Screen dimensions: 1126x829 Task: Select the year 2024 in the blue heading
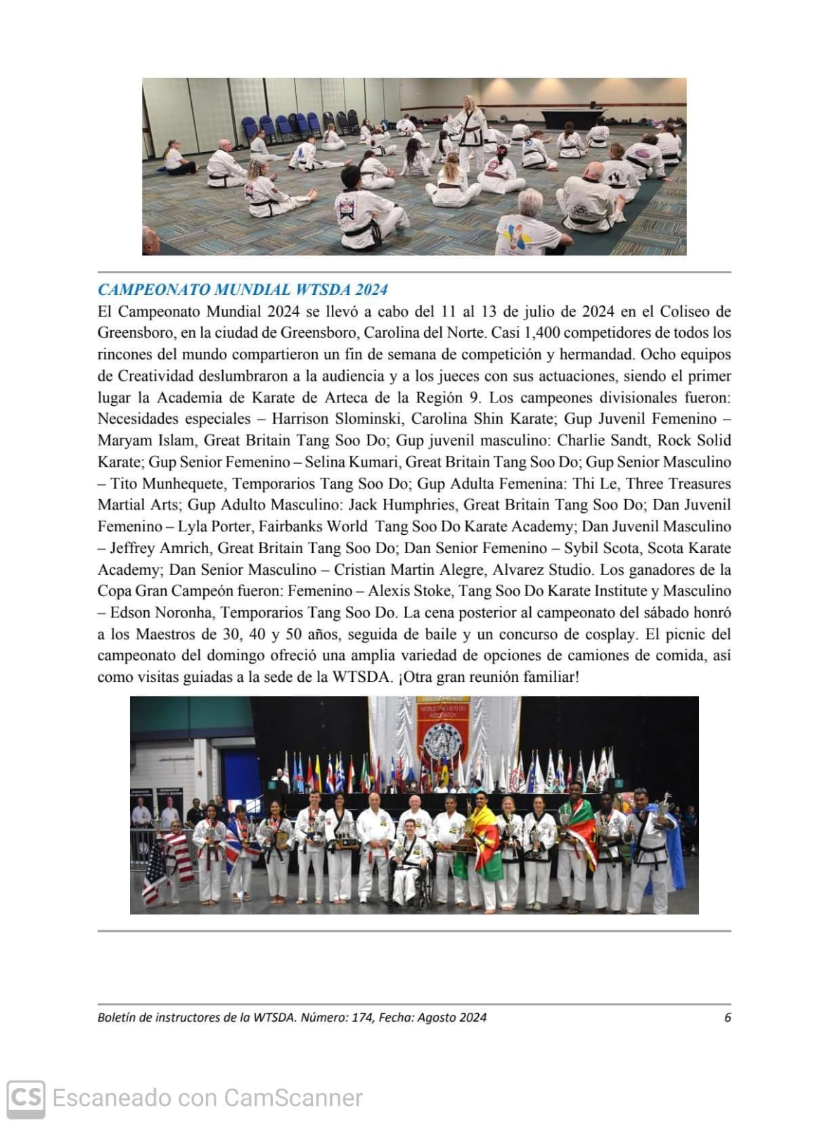pyautogui.click(x=371, y=290)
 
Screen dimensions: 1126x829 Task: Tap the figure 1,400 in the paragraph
pyautogui.click(x=537, y=332)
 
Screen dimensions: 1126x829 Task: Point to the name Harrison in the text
pyautogui.click(x=300, y=419)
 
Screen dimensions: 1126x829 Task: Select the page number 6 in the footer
pyautogui.click(x=728, y=1017)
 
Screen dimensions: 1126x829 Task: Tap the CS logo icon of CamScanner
pyautogui.click(x=26, y=1098)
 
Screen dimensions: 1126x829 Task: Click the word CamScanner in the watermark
pyautogui.click(x=293, y=1098)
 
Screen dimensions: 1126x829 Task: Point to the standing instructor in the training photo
pyautogui.click(x=468, y=130)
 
